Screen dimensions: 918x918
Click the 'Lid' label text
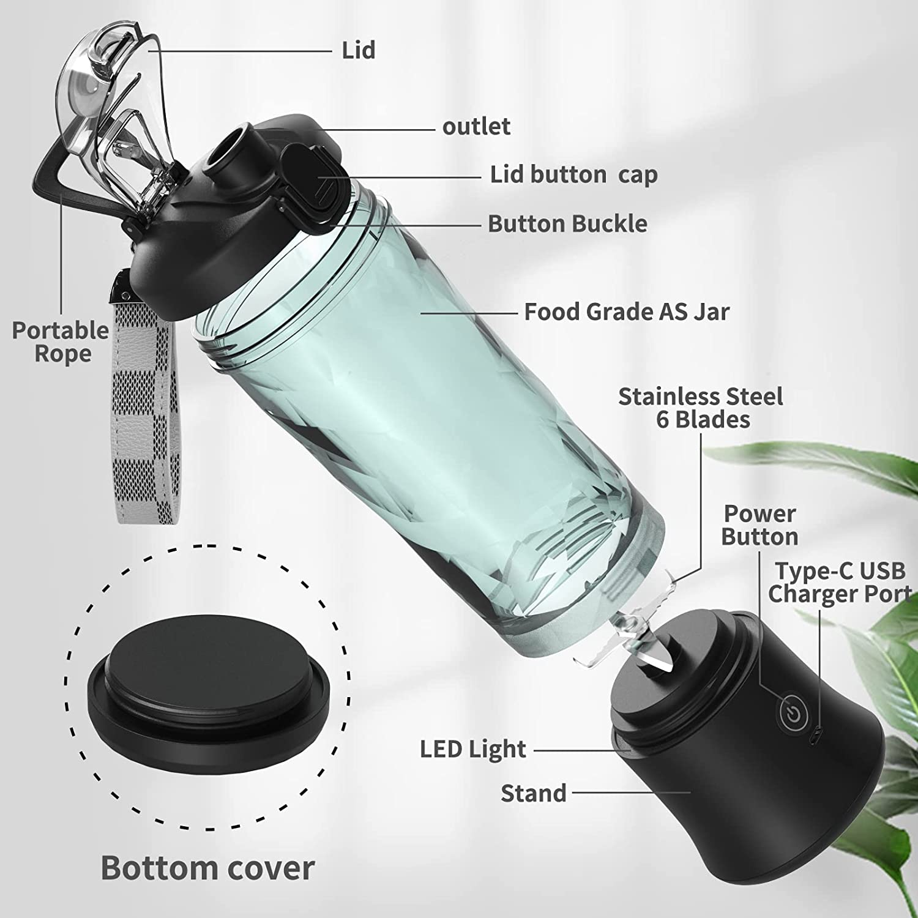358,50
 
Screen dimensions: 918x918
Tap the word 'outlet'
476,127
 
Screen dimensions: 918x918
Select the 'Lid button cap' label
573,175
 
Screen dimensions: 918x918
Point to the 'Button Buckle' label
567,224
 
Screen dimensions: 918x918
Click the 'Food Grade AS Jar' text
627,312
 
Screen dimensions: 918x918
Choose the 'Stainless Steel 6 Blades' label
701,408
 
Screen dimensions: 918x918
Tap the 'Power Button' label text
759,525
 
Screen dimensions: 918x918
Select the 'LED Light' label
472,749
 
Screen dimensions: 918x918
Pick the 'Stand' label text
534,793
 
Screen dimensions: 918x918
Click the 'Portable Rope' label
61,342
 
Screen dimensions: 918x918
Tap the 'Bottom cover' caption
207,868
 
